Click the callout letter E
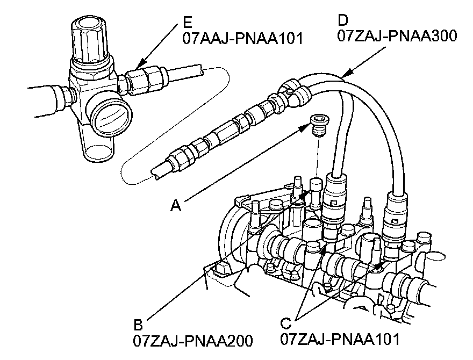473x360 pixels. pos(188,23)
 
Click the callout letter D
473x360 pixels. pos(343,20)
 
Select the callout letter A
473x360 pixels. pos(176,206)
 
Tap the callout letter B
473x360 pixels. pos(138,325)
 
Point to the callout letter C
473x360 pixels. pos(285,323)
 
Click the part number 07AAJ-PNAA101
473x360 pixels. pos(242,39)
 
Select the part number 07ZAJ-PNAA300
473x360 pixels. pos(397,36)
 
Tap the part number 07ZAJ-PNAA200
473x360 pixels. pos(193,341)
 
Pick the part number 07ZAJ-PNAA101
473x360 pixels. pos(340,339)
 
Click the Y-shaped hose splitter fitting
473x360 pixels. pos(294,90)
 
